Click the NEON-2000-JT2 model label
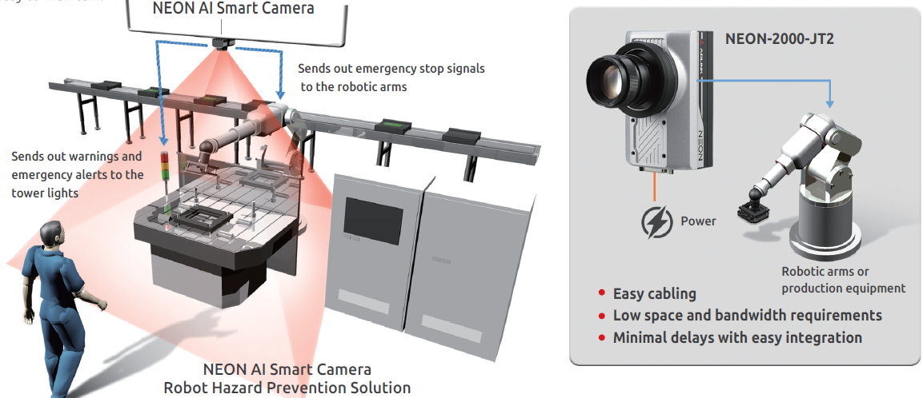(x=779, y=38)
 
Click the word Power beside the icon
(x=698, y=221)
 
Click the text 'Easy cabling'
(x=654, y=294)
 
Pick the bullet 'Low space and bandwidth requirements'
(x=747, y=316)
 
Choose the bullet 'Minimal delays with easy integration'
(x=737, y=337)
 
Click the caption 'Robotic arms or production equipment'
(x=843, y=280)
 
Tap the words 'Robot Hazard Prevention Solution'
(x=287, y=388)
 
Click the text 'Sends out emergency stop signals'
(x=391, y=69)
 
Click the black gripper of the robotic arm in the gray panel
(x=753, y=211)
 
